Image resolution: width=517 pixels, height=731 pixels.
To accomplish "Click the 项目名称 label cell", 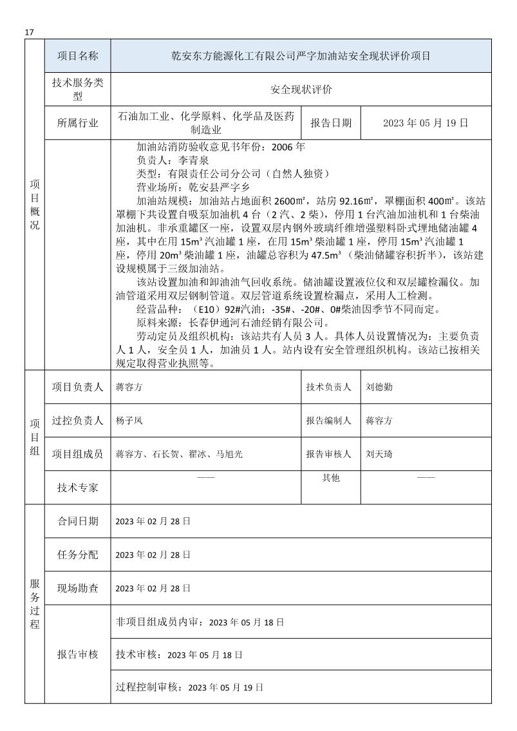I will pyautogui.click(x=77, y=56).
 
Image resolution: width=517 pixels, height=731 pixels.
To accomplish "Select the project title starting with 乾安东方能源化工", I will pyautogui.click(x=301, y=56).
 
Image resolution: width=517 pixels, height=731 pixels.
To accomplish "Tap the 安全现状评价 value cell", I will pyautogui.click(x=301, y=90).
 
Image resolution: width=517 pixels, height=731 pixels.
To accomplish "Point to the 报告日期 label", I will pyautogui.click(x=331, y=123).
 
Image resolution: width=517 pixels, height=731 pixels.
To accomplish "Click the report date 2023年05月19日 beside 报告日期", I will pyautogui.click(x=425, y=123).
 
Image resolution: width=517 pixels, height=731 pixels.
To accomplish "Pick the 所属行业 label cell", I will pyautogui.click(x=77, y=123).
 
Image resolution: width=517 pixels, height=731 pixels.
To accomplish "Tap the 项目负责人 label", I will pyautogui.click(x=77, y=387).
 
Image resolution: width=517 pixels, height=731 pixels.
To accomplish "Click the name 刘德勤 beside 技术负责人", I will pyautogui.click(x=379, y=387).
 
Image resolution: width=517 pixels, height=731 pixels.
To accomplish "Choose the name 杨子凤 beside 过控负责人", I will pyautogui.click(x=128, y=421).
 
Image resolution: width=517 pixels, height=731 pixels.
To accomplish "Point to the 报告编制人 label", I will pyautogui.click(x=328, y=421).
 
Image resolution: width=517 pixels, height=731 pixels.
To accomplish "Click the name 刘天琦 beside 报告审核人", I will pyautogui.click(x=379, y=454).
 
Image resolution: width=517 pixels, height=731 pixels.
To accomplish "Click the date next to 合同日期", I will pyautogui.click(x=153, y=521).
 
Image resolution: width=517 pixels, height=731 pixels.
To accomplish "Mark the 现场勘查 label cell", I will pyautogui.click(x=77, y=588).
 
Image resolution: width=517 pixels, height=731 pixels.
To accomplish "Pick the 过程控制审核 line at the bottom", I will pyautogui.click(x=189, y=688).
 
